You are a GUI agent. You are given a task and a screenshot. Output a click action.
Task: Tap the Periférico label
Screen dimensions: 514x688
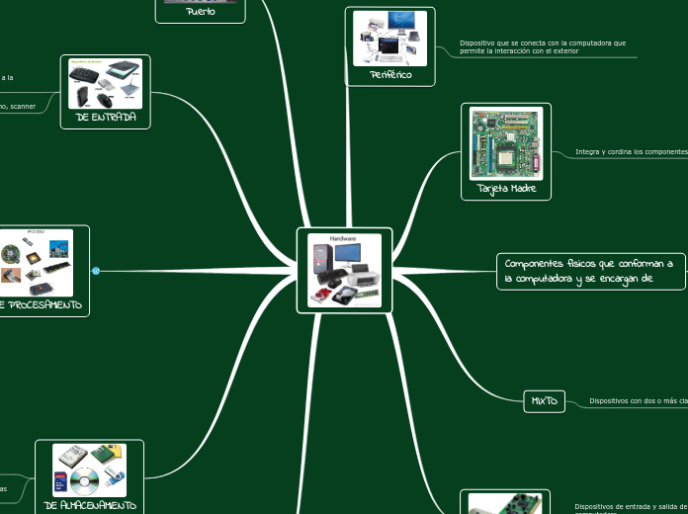[389, 75]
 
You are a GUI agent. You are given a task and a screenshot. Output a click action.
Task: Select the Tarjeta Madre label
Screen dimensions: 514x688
[506, 188]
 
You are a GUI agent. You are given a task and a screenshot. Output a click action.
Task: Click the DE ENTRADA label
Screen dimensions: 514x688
[105, 118]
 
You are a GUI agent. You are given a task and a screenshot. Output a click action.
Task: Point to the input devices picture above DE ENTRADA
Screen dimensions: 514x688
[105, 83]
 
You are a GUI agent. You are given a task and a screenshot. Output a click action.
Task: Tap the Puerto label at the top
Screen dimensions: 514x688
[200, 12]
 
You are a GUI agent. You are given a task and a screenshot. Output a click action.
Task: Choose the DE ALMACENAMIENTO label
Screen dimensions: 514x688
[90, 504]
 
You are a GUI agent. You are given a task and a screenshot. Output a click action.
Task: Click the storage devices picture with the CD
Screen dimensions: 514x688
[90, 470]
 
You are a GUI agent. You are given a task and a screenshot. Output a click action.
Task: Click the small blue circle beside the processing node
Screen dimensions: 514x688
[96, 271]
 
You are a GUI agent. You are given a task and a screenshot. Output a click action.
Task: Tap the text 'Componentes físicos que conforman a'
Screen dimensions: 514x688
[588, 264]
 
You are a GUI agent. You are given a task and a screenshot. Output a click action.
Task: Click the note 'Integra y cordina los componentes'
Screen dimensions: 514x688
[631, 152]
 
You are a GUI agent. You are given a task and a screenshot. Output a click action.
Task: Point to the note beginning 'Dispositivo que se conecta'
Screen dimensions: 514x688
[543, 43]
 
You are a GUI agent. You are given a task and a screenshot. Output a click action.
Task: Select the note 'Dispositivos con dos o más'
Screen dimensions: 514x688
[638, 401]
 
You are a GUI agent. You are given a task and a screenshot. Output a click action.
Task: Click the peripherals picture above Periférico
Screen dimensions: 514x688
[389, 39]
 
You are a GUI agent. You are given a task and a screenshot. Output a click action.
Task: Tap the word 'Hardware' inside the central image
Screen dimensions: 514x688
[343, 240]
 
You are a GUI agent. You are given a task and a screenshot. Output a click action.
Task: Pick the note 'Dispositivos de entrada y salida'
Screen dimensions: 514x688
[630, 506]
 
